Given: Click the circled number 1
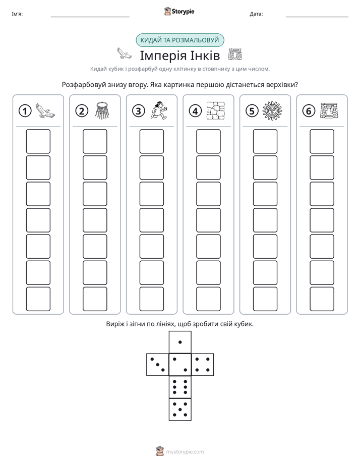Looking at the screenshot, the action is click(25, 111).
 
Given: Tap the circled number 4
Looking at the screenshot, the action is click(195, 111).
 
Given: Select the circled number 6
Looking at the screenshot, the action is click(309, 111).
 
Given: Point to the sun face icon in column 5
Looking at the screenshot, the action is click(272, 110).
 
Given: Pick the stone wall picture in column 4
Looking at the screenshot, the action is click(216, 110).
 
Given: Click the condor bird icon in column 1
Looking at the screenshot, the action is click(45, 111).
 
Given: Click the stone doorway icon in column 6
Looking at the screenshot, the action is click(329, 110).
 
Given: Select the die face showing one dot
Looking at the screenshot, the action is click(180, 342).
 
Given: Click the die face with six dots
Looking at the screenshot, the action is click(180, 387).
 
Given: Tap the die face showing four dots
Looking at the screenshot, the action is click(203, 365).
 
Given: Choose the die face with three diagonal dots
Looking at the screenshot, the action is click(158, 365).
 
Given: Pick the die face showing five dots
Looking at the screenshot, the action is click(180, 409).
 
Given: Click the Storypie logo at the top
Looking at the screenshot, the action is click(179, 12).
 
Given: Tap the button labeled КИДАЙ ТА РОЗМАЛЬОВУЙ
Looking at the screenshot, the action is click(179, 40).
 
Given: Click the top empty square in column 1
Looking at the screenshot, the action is click(38, 141).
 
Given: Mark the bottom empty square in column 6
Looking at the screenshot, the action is click(322, 299).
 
